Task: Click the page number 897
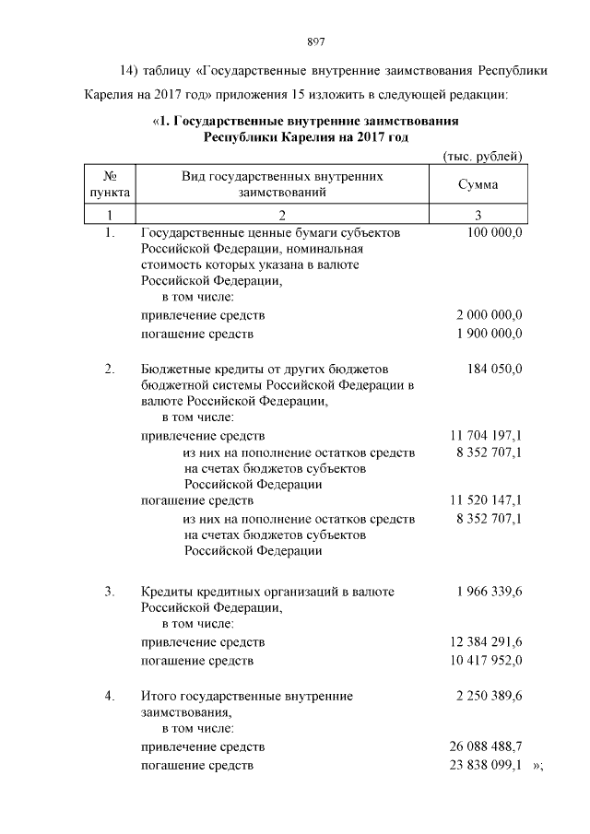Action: coord(313,41)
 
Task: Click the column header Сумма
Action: coord(478,184)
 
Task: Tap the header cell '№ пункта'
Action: coord(109,184)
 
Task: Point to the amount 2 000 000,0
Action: coord(490,315)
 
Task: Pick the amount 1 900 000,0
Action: coord(490,334)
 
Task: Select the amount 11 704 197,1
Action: coord(486,435)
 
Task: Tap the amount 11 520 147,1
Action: coord(486,500)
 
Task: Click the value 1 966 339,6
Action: coord(490,591)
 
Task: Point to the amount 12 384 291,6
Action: coord(486,640)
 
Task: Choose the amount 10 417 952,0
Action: coord(486,660)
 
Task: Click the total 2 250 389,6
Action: coord(490,697)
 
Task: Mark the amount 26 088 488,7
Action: coord(486,746)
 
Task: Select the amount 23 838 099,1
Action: coord(486,765)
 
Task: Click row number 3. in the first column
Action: coord(109,591)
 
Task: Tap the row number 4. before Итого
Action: coord(109,697)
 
